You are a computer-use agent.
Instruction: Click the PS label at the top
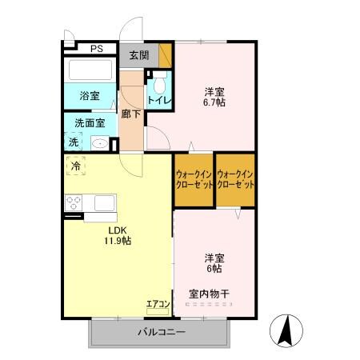(97, 49)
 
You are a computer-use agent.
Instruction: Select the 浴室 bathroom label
(89, 95)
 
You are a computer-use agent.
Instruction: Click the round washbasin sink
(99, 144)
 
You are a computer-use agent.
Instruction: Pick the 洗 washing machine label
(73, 142)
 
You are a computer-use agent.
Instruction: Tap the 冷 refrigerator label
(76, 166)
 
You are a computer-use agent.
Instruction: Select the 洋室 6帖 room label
(214, 263)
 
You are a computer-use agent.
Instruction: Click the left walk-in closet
(194, 180)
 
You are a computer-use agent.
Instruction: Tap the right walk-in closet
(235, 180)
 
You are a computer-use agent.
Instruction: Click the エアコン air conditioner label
(157, 304)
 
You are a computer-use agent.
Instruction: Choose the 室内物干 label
(210, 294)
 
